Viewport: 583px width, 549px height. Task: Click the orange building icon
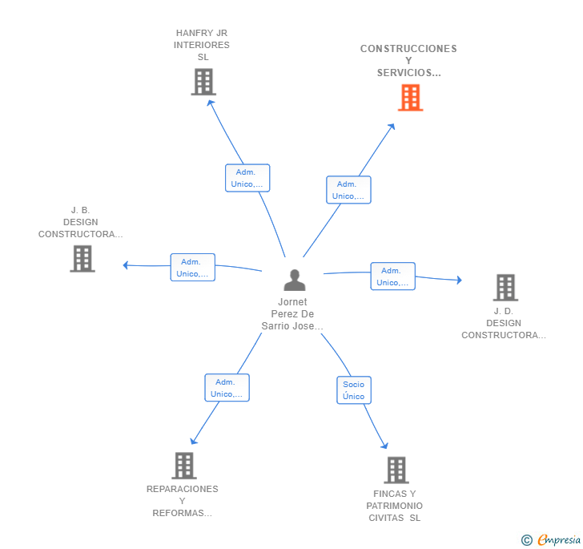pos(410,98)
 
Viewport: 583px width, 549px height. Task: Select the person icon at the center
pos(295,281)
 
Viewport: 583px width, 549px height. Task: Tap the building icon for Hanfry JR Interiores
pos(203,82)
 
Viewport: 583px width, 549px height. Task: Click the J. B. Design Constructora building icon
pos(82,259)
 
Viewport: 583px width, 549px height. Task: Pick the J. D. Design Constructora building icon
pos(505,287)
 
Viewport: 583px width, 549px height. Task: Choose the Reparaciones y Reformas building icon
pos(183,466)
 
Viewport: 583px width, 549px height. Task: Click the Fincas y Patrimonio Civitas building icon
pos(396,470)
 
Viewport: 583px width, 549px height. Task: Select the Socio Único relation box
pos(353,390)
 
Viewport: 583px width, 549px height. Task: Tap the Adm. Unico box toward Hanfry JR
pos(247,178)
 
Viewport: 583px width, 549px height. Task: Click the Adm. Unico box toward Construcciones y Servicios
pos(348,190)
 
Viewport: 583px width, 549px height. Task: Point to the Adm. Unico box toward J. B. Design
pos(192,268)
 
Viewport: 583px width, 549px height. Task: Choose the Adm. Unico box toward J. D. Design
pos(392,277)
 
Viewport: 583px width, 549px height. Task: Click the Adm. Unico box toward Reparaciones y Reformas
pos(227,388)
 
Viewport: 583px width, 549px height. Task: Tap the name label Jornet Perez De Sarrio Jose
pos(292,314)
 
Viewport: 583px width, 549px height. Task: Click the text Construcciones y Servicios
pos(408,61)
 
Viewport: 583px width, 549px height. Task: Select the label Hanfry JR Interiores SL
pos(202,45)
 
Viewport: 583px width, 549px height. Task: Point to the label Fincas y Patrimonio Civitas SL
pos(395,506)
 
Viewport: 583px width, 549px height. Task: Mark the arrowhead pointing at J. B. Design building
pos(126,265)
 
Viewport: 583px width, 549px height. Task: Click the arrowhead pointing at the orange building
pos(392,127)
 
